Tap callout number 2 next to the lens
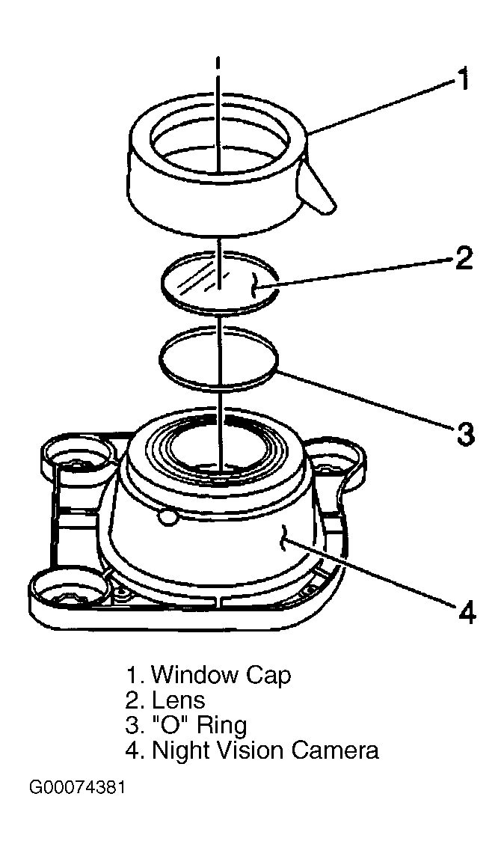pyautogui.click(x=463, y=258)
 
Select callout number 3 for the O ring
pyautogui.click(x=466, y=433)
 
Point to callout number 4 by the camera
pyautogui.click(x=467, y=611)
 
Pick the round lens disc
pyautogui.click(x=220, y=283)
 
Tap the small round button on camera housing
pyautogui.click(x=167, y=516)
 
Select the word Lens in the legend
pyautogui.click(x=178, y=700)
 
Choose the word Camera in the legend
pyautogui.click(x=335, y=751)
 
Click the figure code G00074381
pyautogui.click(x=78, y=787)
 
